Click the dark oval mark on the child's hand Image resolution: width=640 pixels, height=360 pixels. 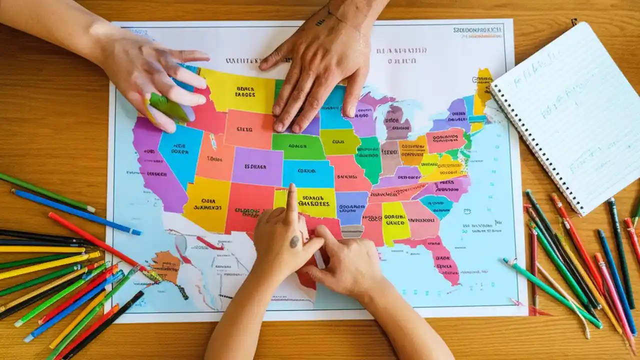point(294,241)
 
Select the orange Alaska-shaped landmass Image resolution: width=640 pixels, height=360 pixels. point(167,265)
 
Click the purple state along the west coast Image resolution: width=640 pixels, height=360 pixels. point(152,165)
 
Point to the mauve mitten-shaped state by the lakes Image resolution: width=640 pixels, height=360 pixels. point(396,122)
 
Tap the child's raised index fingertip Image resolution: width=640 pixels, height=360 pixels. point(291,189)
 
